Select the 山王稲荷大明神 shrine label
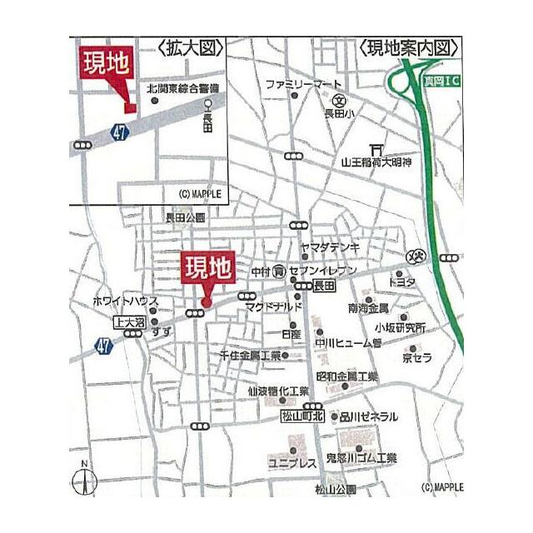point(377,162)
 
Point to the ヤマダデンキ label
point(330,247)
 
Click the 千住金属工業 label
point(250,355)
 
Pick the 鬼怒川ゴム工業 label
point(361,458)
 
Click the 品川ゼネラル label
point(369,416)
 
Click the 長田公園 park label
point(185,217)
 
